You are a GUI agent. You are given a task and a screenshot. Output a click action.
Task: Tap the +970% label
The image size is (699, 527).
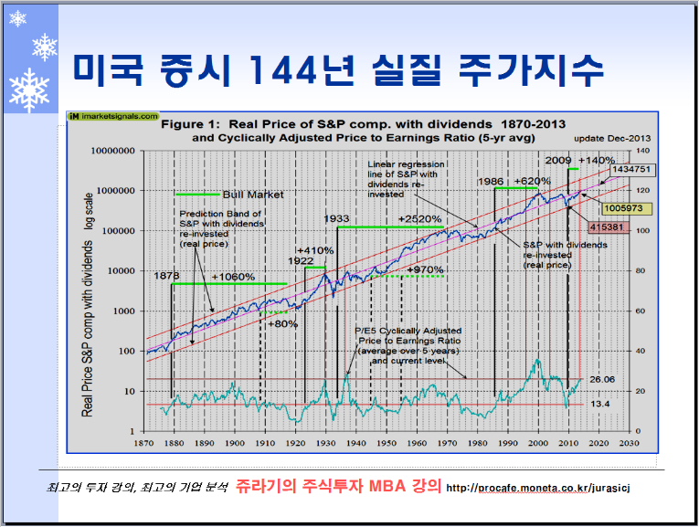click(425, 269)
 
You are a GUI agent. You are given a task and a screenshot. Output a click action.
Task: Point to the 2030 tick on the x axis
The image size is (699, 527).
click(627, 443)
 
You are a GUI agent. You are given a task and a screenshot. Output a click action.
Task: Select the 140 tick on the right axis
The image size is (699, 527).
click(642, 151)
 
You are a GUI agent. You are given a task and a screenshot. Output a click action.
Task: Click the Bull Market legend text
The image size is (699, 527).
click(253, 195)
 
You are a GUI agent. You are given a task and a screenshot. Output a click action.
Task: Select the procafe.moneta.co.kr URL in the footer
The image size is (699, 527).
click(537, 489)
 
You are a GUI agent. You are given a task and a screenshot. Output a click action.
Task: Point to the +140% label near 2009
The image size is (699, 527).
click(599, 159)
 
